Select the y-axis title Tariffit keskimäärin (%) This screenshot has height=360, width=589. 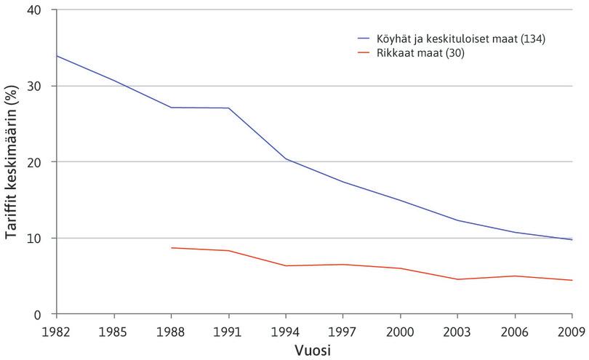pos(12,161)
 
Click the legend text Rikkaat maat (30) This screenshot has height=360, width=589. pos(412,52)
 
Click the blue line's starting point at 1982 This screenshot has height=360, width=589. pos(55,56)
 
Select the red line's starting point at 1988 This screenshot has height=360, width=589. pos(170,248)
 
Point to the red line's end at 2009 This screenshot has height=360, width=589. pos(572,280)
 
